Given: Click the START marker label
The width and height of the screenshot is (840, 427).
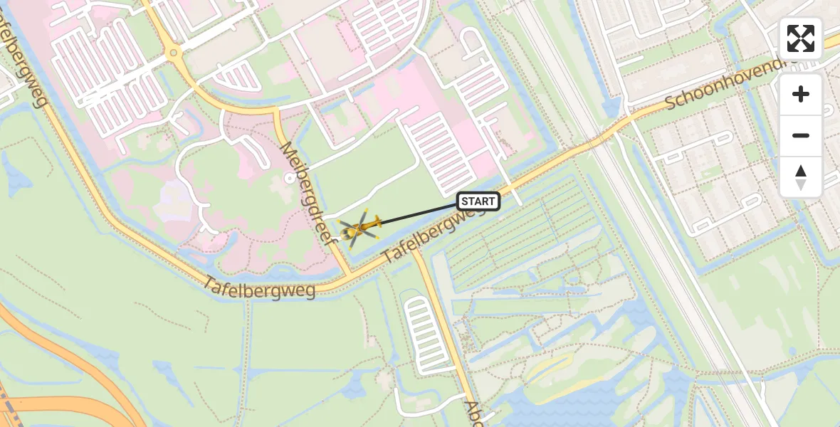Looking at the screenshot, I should point(478,201).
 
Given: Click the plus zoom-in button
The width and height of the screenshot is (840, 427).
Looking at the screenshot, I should point(801,94).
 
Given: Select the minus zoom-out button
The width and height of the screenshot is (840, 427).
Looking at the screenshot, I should point(801,135).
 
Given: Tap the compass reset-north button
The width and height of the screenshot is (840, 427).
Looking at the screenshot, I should point(801,176).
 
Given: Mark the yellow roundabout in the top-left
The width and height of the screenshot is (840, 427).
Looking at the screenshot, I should point(172,52).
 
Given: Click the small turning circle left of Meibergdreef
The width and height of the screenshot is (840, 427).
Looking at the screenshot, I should point(290,178).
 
